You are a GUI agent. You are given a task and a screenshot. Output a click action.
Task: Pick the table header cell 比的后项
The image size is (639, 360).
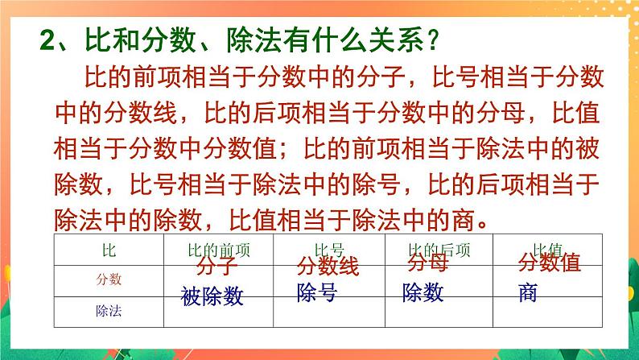tap(438, 250)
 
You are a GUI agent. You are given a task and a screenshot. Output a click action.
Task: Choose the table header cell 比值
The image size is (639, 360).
tap(546, 250)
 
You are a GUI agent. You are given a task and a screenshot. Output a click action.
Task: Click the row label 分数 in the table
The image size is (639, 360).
tap(109, 279)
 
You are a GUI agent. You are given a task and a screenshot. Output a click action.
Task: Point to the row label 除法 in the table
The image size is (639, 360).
tap(109, 306)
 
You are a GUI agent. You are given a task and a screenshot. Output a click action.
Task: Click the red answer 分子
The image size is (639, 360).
tap(215, 267)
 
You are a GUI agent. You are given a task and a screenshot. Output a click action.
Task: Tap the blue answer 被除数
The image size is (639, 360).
tap(212, 297)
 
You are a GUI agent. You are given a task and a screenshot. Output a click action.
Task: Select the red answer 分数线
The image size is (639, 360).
tap(328, 267)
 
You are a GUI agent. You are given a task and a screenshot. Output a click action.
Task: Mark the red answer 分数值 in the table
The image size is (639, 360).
tap(549, 265)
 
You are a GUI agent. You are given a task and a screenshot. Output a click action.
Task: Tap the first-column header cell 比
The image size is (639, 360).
tap(109, 250)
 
